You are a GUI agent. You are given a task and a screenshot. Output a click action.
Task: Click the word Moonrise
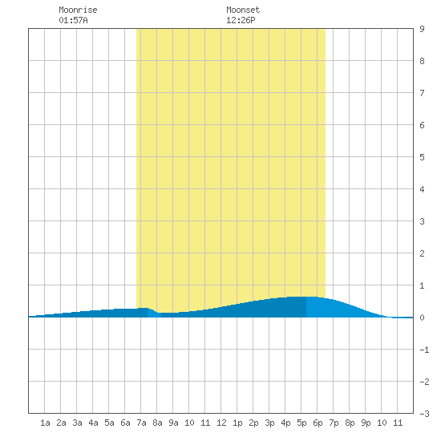click(x=78, y=10)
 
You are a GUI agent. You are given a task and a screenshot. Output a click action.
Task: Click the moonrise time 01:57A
click(x=74, y=20)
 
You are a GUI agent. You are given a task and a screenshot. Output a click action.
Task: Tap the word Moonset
click(x=243, y=10)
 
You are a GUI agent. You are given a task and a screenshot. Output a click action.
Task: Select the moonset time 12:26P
click(x=241, y=20)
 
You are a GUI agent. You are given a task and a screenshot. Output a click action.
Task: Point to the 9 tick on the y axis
click(x=422, y=29)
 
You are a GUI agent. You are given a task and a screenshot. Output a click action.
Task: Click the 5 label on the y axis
click(x=422, y=157)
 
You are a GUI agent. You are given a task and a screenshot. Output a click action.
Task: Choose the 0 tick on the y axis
click(x=422, y=318)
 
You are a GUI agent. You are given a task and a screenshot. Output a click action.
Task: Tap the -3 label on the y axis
click(x=424, y=414)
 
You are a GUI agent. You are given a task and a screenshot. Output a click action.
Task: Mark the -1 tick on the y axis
click(x=424, y=350)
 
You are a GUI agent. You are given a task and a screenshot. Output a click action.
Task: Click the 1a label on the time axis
click(x=45, y=423)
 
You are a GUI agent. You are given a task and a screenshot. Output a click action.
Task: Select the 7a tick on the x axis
click(x=141, y=423)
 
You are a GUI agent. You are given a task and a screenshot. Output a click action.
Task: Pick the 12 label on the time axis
click(x=221, y=423)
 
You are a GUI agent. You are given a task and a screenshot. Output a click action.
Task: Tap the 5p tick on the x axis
click(x=301, y=423)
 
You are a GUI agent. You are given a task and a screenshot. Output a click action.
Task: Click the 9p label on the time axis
click(x=366, y=423)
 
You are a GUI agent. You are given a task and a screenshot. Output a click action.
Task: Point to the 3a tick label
click(x=77, y=423)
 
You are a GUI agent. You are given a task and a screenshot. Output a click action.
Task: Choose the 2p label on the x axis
click(x=253, y=423)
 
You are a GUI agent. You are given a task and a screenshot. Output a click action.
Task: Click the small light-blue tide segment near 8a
click(x=154, y=314)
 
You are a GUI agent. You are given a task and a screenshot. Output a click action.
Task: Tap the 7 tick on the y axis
click(x=422, y=93)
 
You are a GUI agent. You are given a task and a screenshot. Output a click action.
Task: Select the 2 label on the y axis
click(x=422, y=253)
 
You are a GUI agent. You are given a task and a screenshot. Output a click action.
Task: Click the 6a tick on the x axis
click(x=125, y=423)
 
